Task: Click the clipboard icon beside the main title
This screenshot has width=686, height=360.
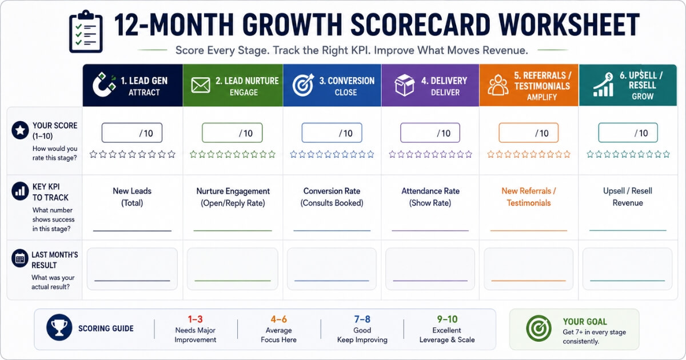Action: click(86, 32)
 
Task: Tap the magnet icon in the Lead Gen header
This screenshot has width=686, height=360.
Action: click(104, 85)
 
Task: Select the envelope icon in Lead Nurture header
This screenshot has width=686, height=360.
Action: click(201, 85)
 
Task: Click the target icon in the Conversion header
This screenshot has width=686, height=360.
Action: click(303, 85)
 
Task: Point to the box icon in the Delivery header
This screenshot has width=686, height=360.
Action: click(404, 85)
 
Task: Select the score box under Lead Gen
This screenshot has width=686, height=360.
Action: click(132, 133)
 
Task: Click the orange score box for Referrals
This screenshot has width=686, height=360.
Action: click(528, 133)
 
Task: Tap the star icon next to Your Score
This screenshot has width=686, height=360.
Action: click(20, 130)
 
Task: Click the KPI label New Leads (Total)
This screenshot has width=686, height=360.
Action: click(132, 197)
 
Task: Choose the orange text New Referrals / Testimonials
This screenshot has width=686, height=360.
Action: click(529, 197)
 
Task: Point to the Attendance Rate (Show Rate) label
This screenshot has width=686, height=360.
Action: click(430, 197)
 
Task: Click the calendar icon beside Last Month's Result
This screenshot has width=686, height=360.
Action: click(20, 259)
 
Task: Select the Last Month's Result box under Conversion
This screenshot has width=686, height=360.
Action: click(332, 269)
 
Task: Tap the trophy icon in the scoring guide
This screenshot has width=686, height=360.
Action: click(59, 327)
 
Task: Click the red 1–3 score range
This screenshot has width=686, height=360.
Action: click(196, 319)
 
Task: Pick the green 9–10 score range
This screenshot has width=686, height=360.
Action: click(447, 319)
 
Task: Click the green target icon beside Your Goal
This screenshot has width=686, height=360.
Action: click(539, 329)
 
